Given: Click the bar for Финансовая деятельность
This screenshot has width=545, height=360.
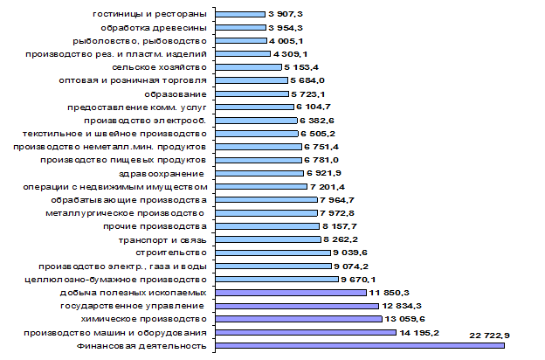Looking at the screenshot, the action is [360, 345].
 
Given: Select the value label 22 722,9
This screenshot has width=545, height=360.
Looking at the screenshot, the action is [489, 336].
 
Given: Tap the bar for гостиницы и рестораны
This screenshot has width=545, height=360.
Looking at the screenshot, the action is [240, 14].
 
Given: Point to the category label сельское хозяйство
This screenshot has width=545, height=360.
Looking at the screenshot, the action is [159, 67].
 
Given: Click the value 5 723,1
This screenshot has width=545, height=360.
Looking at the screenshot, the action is [307, 94].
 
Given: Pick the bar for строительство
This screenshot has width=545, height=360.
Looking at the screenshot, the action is [272, 253].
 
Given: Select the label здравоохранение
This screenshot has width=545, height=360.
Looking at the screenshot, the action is [162, 174].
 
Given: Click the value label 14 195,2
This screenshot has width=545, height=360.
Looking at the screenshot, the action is [419, 333].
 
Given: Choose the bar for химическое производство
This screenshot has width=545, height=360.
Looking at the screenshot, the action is [299, 319].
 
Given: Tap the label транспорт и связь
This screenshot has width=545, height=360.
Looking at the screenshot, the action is [162, 240].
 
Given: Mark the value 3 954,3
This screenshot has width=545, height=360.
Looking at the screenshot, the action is [286, 28].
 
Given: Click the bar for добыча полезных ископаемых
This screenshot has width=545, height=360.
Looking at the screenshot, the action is [291, 293].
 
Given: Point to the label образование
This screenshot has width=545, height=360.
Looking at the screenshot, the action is [176, 94].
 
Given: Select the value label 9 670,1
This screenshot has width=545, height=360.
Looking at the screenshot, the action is [358, 280].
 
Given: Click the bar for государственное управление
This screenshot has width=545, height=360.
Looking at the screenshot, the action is [297, 306].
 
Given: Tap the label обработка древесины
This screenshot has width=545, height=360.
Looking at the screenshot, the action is [154, 28].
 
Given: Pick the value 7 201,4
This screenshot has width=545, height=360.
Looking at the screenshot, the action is [328, 187].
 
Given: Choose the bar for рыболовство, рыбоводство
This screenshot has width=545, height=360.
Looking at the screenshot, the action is [241, 41].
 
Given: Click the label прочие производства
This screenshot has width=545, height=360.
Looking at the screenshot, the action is [155, 226].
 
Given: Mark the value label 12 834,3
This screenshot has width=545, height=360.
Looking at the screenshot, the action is [402, 306].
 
